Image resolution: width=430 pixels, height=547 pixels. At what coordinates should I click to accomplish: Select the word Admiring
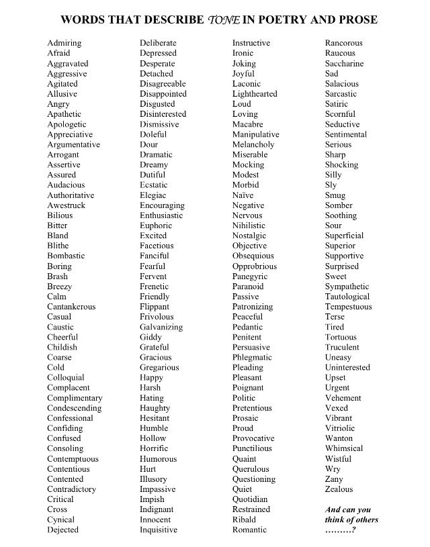[x=64, y=43]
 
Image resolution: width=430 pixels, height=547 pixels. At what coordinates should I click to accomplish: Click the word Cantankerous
[x=71, y=307]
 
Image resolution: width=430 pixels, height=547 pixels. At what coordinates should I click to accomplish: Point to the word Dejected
[x=62, y=530]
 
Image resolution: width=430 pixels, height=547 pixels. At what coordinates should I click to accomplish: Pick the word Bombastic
[x=66, y=256]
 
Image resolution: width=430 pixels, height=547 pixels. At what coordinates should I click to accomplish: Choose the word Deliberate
[x=158, y=43]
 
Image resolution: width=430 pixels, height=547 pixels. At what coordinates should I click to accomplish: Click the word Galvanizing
[x=161, y=327]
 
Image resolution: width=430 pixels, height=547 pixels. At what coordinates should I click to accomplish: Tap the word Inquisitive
[x=159, y=530]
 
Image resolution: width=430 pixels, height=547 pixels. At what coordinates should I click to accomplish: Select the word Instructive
[x=251, y=43]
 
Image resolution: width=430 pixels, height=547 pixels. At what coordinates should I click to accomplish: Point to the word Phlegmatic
[x=252, y=357]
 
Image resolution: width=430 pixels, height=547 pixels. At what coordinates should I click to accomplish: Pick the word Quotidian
[x=250, y=499]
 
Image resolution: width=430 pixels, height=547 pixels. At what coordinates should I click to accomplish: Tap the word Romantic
[x=250, y=530]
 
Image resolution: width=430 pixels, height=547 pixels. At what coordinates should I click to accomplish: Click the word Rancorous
[x=344, y=43]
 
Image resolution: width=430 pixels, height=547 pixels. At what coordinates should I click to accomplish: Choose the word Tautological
[x=347, y=297]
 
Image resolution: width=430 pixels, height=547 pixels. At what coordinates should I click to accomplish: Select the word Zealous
[x=339, y=489]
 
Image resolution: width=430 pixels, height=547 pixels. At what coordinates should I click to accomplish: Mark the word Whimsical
[x=343, y=448]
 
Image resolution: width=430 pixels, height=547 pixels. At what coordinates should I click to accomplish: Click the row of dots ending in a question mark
[x=340, y=530]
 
